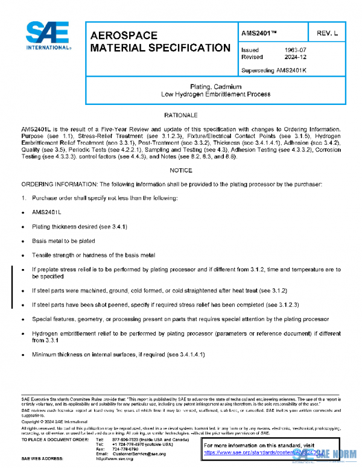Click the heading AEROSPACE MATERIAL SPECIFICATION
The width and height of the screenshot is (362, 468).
(x=160, y=42)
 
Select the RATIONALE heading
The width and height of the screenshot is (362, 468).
(x=180, y=114)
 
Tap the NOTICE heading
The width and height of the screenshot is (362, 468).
(x=180, y=171)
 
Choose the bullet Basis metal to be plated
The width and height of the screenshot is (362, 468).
(x=63, y=241)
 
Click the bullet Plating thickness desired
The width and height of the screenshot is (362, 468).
(x=79, y=226)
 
